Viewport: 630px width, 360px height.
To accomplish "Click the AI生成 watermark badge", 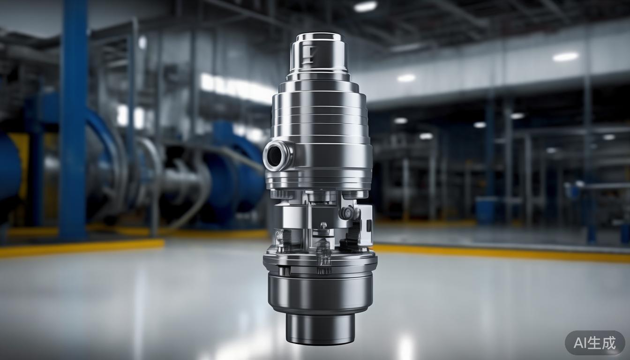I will [595, 343].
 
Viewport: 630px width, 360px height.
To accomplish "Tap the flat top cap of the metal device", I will [318, 36].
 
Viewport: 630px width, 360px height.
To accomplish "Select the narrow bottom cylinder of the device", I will [320, 328].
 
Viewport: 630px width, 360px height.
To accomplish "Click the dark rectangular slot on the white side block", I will [368, 225].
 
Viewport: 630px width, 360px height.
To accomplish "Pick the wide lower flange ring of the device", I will [320, 261].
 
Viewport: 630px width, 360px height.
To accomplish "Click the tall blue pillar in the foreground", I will [73, 117].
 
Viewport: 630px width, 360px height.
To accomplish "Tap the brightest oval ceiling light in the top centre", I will [366, 6].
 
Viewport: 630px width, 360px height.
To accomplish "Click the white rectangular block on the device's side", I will [366, 225].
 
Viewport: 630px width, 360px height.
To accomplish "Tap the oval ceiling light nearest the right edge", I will [566, 57].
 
